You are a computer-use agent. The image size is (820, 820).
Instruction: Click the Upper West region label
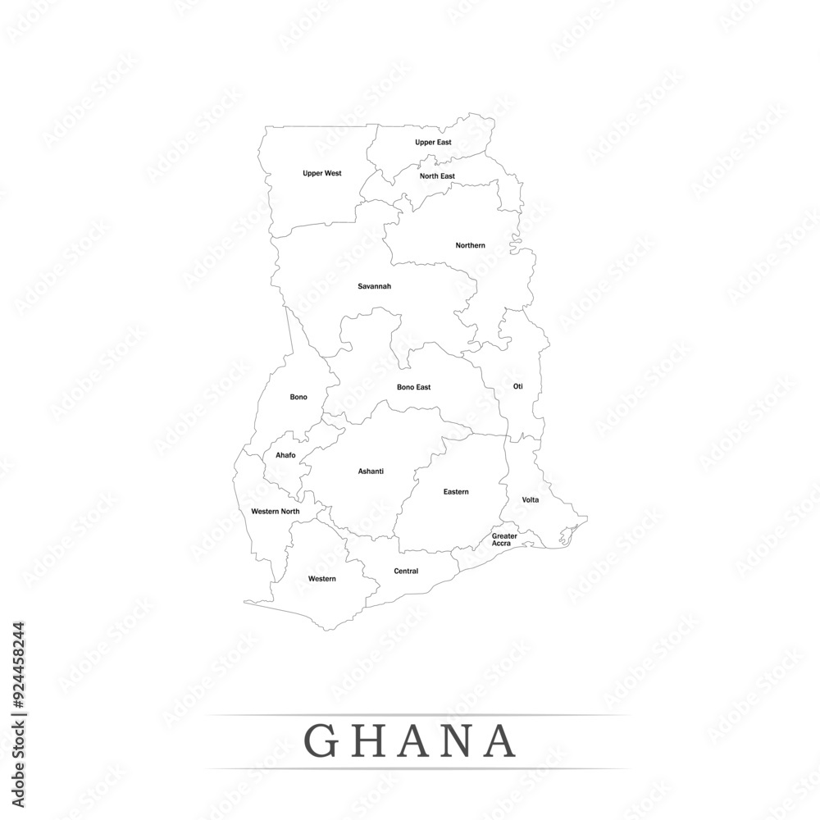click(x=321, y=174)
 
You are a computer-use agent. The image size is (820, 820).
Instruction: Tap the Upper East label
click(x=433, y=143)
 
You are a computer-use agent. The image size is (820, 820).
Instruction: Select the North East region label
click(x=437, y=176)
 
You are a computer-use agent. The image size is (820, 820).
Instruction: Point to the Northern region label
click(x=470, y=245)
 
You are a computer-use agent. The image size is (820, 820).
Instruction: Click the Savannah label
click(x=374, y=286)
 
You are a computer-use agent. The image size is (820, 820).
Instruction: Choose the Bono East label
click(x=413, y=387)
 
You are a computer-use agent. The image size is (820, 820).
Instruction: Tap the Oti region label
click(x=517, y=386)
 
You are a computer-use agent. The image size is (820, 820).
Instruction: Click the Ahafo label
click(x=285, y=455)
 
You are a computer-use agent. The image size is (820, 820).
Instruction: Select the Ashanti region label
click(x=371, y=471)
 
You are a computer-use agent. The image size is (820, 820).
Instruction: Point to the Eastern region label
click(x=456, y=492)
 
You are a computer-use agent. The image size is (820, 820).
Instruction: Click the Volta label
click(x=531, y=499)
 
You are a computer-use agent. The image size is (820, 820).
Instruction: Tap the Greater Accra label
click(x=504, y=540)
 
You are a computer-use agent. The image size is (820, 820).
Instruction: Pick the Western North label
click(x=275, y=512)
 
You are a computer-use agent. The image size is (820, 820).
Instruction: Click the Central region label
click(x=406, y=572)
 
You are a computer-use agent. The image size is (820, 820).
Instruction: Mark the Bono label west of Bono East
click(x=298, y=397)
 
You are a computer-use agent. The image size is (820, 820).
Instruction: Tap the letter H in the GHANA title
click(x=369, y=740)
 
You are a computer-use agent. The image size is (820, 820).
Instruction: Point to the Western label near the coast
click(x=321, y=579)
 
